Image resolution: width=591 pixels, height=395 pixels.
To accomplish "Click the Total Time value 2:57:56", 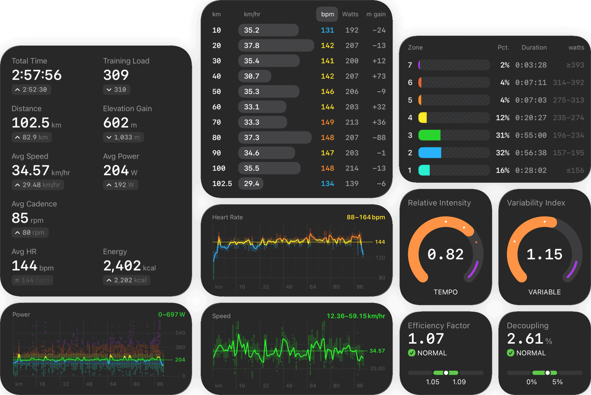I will (37, 75).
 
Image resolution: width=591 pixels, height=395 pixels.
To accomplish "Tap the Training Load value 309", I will (116, 75).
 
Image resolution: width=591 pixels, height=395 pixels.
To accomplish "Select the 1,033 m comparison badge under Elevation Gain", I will (123, 137).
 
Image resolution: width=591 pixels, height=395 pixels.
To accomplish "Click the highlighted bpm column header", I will (327, 14).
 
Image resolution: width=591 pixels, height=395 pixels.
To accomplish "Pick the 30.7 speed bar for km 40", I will (255, 76).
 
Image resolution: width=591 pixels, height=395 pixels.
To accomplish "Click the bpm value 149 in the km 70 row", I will (327, 122).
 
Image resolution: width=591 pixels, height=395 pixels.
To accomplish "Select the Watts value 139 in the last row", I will (352, 184).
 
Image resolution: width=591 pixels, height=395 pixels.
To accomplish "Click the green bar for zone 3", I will (429, 135).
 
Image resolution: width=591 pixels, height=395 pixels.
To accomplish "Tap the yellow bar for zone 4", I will (423, 118).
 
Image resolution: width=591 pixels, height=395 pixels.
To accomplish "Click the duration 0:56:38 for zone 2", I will (531, 153).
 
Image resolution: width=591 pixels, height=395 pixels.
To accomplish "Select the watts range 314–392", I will (568, 82).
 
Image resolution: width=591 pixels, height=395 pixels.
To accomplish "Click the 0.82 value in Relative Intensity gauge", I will (445, 254).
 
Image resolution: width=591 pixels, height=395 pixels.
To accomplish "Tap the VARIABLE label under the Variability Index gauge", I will (544, 292).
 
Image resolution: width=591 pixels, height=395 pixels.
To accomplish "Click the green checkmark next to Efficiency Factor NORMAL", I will (412, 353).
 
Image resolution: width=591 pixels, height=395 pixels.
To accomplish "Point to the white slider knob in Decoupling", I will (547, 373).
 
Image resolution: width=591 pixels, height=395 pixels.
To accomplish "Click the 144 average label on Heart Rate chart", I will (380, 242).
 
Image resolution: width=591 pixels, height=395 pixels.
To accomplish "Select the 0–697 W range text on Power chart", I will (171, 314).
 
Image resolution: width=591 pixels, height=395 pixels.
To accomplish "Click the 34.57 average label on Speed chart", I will (377, 351).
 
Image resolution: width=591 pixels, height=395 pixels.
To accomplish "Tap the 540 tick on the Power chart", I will (180, 333).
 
